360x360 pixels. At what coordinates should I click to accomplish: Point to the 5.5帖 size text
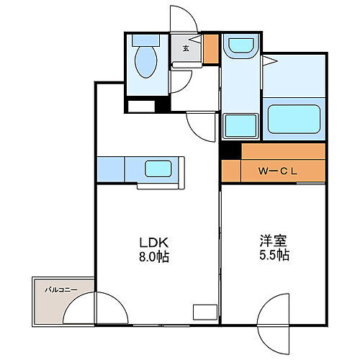tap(274, 256)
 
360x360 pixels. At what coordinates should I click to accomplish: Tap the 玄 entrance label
tap(186, 49)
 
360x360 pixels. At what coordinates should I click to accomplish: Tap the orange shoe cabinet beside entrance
tap(210, 50)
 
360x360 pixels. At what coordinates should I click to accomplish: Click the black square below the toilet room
tap(162, 104)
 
